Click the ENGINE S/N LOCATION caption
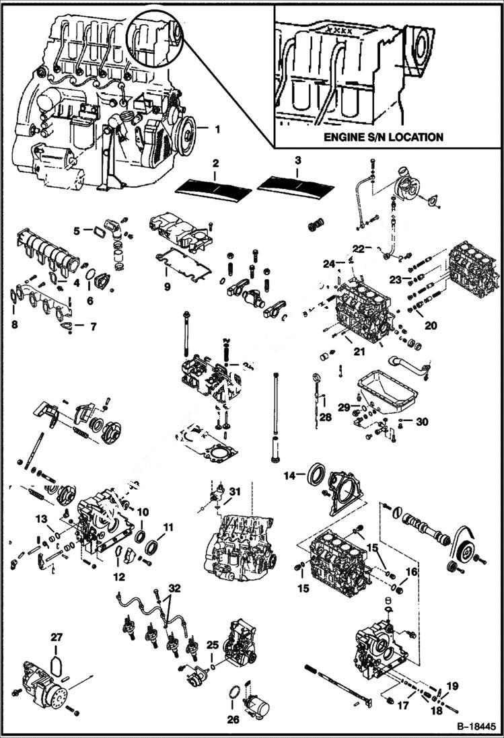pos(384,137)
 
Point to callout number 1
pos(217,126)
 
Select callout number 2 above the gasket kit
pos(215,163)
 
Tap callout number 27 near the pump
pos(57,636)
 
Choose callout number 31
pos(233,491)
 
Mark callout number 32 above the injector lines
pos(175,587)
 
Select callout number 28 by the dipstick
pos(326,418)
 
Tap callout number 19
pos(452,686)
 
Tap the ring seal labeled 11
pos(153,544)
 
